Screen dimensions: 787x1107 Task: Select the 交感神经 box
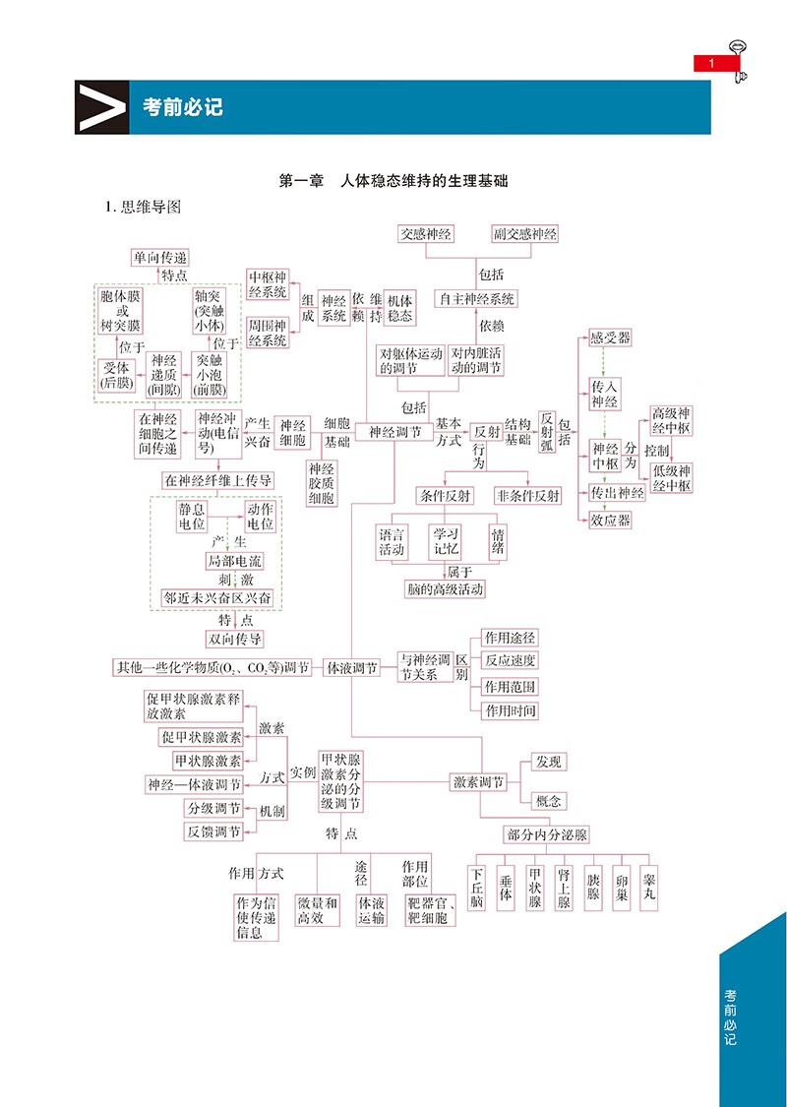426,234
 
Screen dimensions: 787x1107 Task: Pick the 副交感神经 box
525,234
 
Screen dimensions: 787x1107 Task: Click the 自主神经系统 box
477,298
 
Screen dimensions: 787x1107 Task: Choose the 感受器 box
610,338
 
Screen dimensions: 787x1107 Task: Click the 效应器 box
610,520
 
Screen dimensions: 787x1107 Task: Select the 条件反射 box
444,495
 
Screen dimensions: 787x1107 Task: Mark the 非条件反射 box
528,495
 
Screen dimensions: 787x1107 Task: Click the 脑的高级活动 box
445,589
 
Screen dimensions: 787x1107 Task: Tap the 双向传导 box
234,639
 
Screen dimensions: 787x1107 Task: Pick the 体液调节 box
352,667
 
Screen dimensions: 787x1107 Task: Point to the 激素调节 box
478,782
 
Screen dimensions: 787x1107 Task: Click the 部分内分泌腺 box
546,834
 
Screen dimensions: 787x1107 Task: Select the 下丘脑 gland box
477,888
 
